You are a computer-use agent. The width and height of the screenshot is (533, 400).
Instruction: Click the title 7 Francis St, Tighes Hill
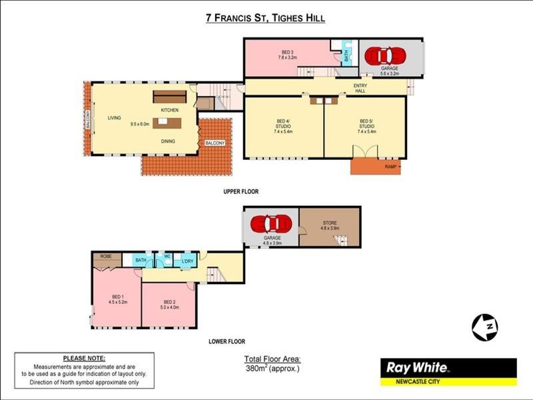click(266, 18)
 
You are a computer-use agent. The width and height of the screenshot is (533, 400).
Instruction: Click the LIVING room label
click(115, 118)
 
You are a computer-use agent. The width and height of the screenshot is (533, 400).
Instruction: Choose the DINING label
click(169, 141)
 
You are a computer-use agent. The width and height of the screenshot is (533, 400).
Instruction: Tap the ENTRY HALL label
click(360, 88)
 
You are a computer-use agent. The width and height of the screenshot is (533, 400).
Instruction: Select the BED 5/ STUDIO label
click(367, 125)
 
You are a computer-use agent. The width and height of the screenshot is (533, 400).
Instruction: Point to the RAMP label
click(390, 167)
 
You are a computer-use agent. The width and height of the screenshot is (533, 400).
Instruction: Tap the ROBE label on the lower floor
click(106, 256)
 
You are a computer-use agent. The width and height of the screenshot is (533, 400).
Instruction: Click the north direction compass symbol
click(485, 326)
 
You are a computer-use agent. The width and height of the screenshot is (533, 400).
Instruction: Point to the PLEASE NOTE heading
click(84, 358)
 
